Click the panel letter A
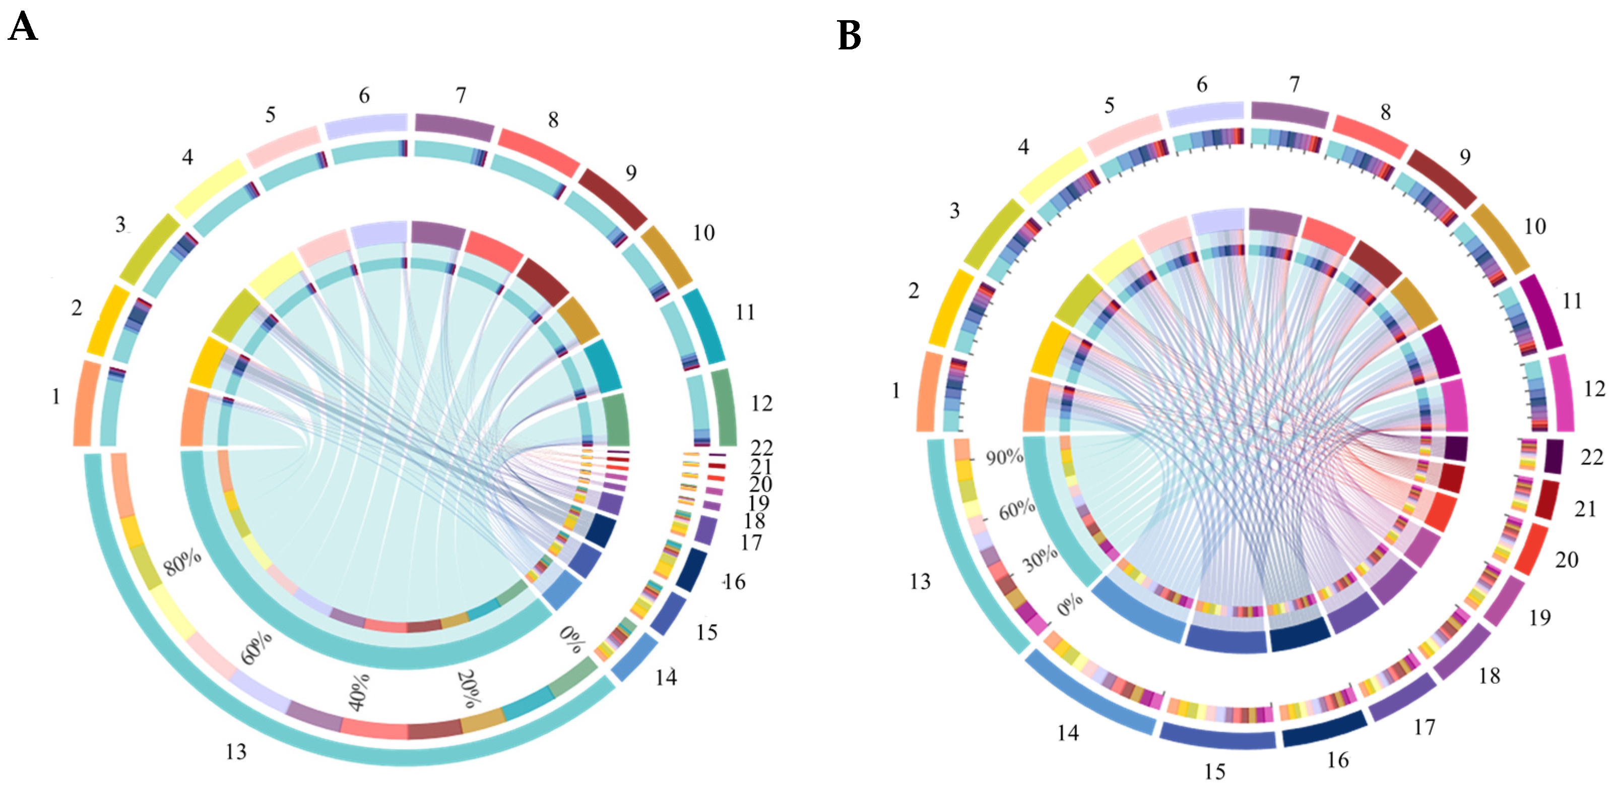(23, 28)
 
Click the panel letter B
(849, 36)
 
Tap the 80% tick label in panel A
(182, 562)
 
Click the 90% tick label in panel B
(1004, 457)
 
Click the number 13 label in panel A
(236, 752)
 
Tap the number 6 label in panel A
(364, 95)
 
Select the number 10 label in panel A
(703, 233)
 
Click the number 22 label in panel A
(762, 448)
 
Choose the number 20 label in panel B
(1567, 560)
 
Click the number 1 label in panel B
(896, 391)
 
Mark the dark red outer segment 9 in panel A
(612, 198)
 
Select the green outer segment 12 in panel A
(726, 407)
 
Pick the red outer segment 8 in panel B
(1370, 136)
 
